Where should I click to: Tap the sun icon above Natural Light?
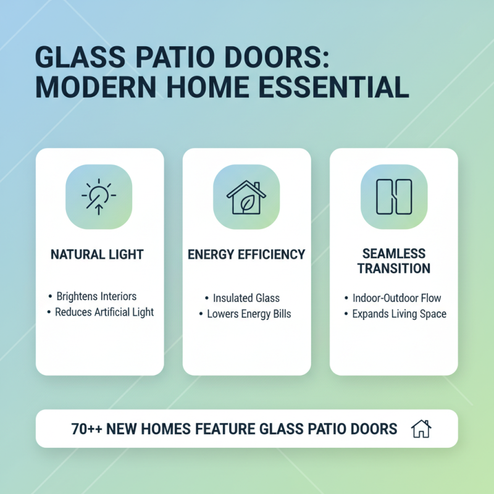(x=99, y=196)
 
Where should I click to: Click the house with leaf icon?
(x=246, y=196)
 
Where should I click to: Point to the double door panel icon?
(x=393, y=196)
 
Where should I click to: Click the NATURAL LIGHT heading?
(x=99, y=254)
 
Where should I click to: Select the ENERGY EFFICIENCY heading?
(x=246, y=254)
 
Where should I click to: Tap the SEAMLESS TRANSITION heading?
(x=393, y=261)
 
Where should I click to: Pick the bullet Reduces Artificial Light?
(x=104, y=312)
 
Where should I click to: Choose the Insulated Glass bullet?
(x=246, y=298)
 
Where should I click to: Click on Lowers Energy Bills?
(x=249, y=314)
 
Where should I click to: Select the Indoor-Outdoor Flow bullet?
(x=396, y=298)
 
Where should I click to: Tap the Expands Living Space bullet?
(x=399, y=314)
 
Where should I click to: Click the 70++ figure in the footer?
(x=86, y=429)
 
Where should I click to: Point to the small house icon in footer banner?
(x=421, y=428)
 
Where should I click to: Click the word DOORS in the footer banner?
(x=374, y=429)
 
